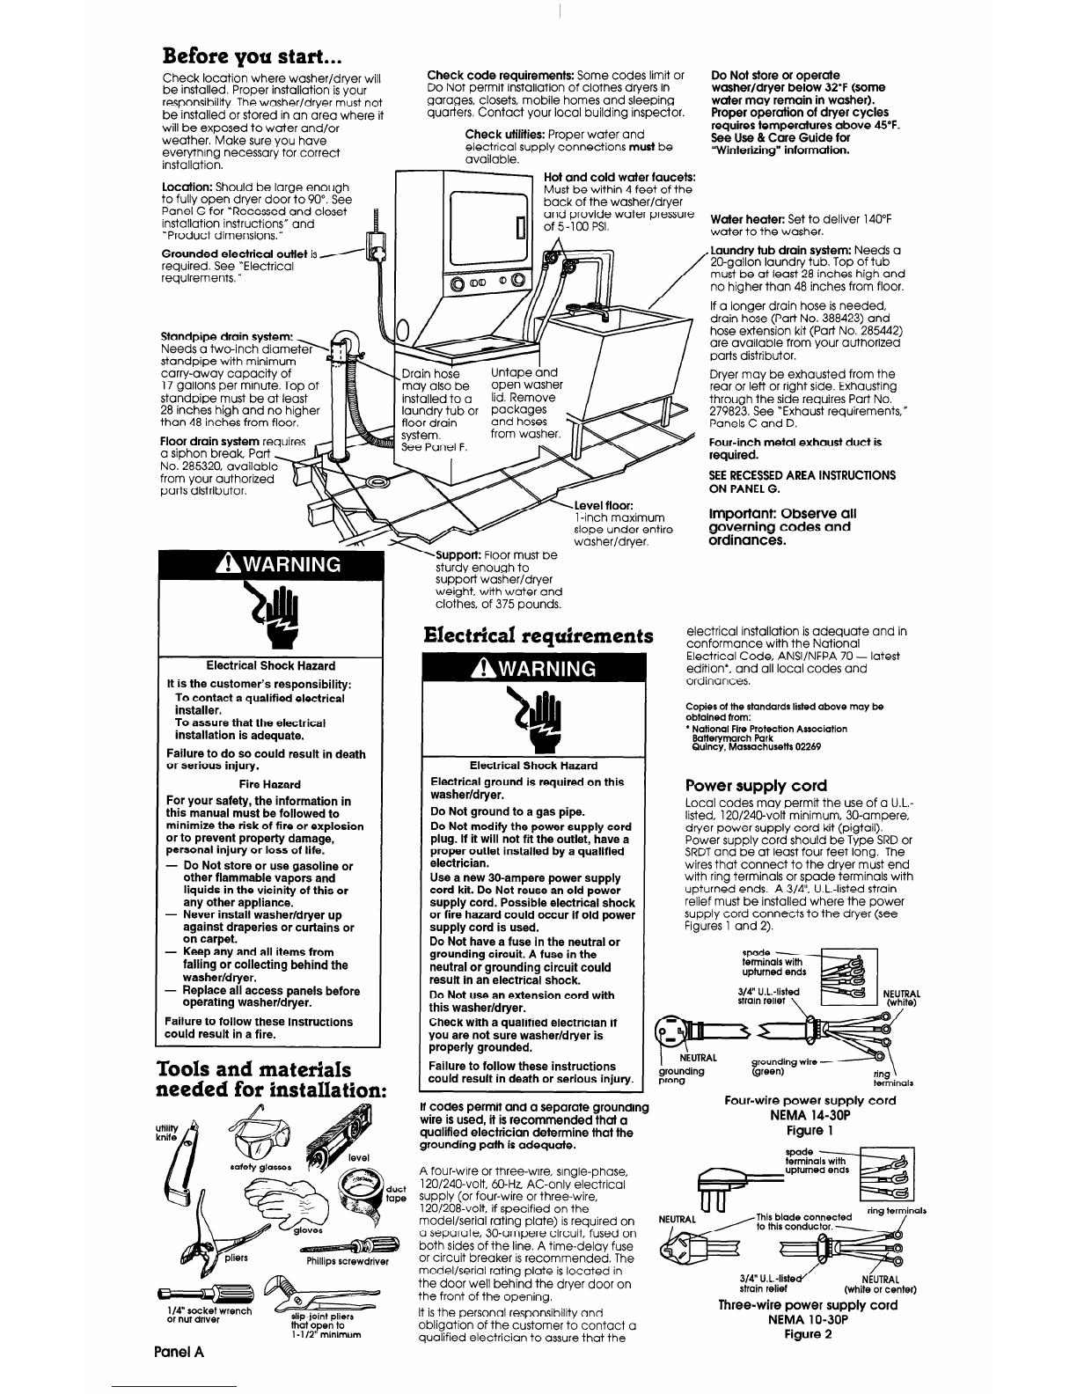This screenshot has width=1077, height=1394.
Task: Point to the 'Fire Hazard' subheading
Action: point(270,784)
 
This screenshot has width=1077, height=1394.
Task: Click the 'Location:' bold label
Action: point(190,187)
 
